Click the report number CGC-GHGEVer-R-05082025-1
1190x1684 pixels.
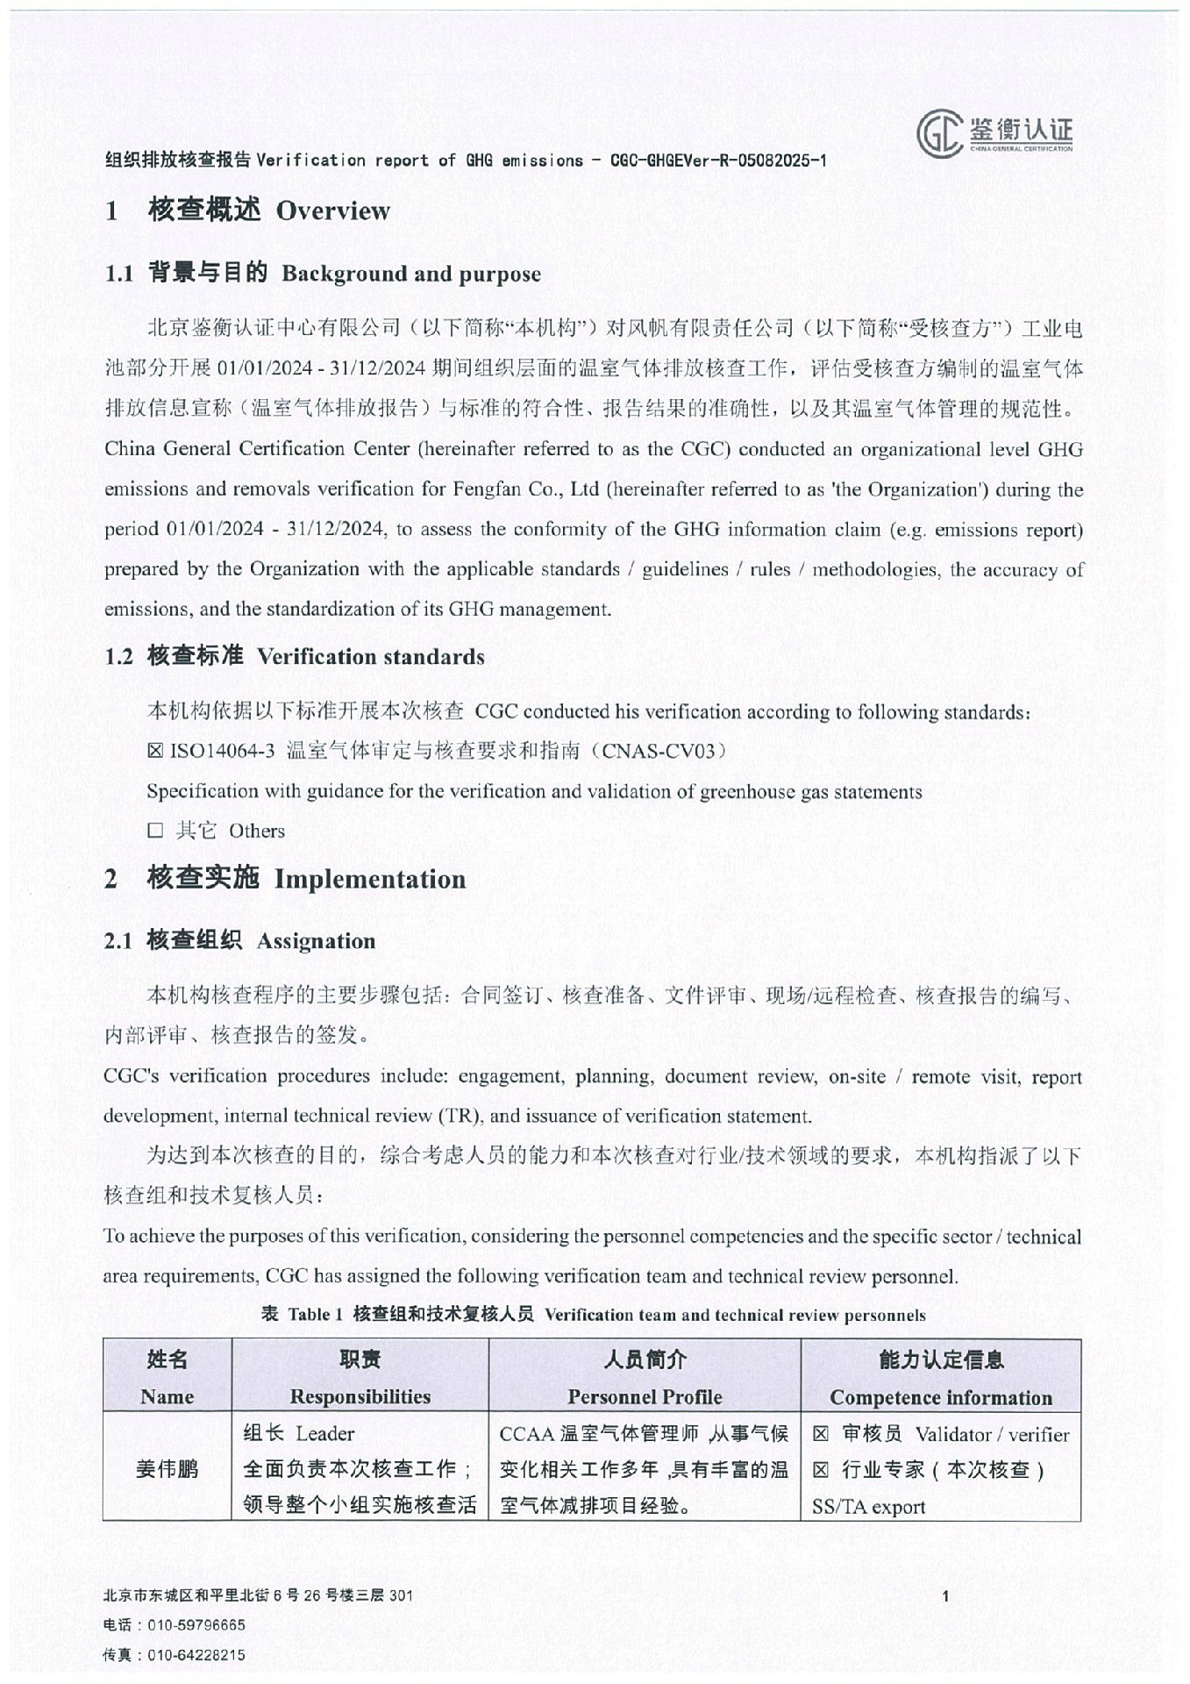pyautogui.click(x=718, y=161)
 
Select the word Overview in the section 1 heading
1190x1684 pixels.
pyautogui.click(x=332, y=210)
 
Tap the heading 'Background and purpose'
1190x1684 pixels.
pyautogui.click(x=410, y=274)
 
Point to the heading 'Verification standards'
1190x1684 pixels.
pyautogui.click(x=370, y=656)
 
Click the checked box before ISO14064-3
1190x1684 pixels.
pyautogui.click(x=155, y=751)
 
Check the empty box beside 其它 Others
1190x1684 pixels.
pyautogui.click(x=155, y=831)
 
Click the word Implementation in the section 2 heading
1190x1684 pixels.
pyautogui.click(x=370, y=879)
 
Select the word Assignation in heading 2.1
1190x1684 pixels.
pyautogui.click(x=316, y=941)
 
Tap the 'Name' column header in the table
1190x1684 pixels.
pyautogui.click(x=167, y=1396)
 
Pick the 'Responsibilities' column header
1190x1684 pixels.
pyautogui.click(x=360, y=1396)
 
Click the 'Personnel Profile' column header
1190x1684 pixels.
pyautogui.click(x=645, y=1396)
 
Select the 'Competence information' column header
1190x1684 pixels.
pyautogui.click(x=940, y=1397)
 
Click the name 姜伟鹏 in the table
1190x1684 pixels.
pyautogui.click(x=167, y=1469)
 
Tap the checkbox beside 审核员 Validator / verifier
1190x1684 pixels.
pyautogui.click(x=820, y=1435)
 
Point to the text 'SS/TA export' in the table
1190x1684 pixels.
pyautogui.click(x=868, y=1507)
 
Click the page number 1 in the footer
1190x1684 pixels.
pyautogui.click(x=945, y=1596)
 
